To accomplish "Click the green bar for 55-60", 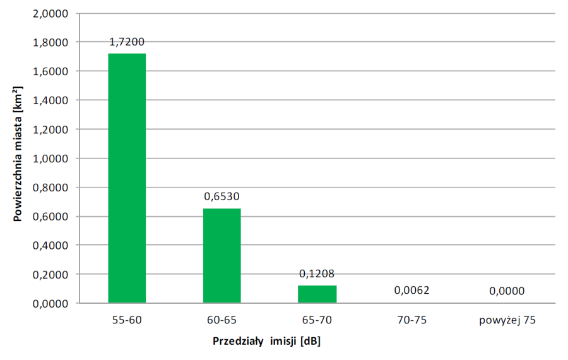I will point(127,178).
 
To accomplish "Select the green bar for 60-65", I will point(222,256).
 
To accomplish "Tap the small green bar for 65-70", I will point(317,294).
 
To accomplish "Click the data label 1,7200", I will point(127,42).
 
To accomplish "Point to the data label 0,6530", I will point(222,196).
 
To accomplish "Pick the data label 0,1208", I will point(317,273).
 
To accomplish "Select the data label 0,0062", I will point(411,291).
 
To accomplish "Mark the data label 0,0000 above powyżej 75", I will point(506,291).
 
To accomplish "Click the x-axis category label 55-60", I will point(127,320).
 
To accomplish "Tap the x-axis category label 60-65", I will point(222,320).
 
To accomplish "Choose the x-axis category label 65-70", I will point(317,320).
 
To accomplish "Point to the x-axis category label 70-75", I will point(411,320).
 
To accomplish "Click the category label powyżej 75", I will point(506,320).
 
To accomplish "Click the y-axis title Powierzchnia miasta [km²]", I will point(18,159).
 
